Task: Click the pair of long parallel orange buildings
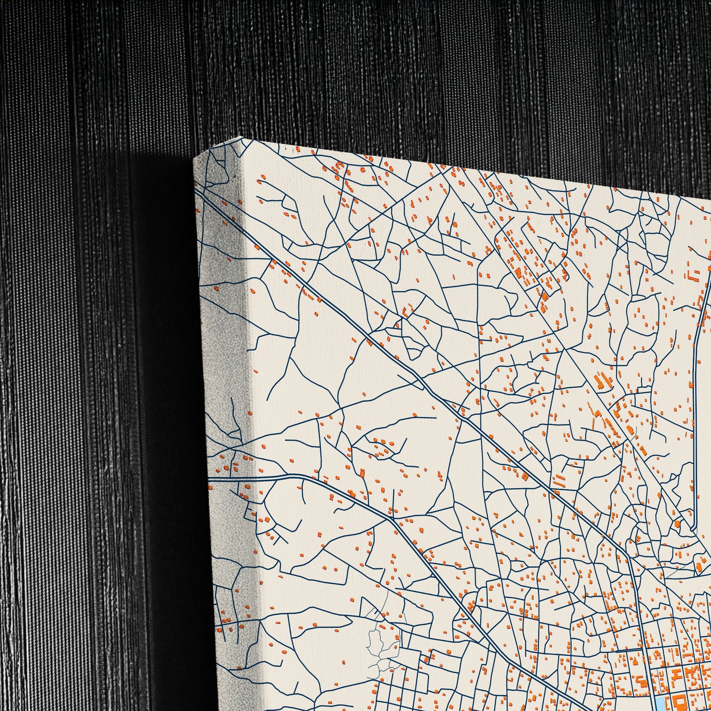click(x=560, y=480)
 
